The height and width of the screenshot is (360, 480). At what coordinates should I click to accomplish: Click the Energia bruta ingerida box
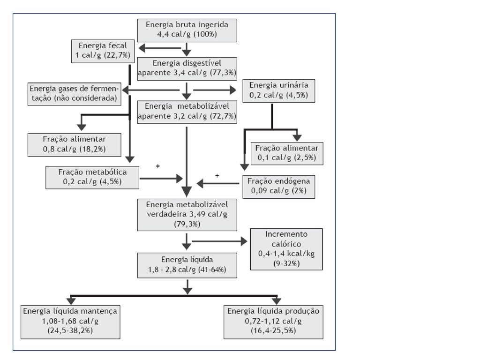[x=187, y=30]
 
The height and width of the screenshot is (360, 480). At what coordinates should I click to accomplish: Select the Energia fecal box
[x=103, y=51]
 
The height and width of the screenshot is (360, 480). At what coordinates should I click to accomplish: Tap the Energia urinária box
[x=278, y=91]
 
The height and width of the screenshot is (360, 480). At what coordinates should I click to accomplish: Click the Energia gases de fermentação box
[x=75, y=94]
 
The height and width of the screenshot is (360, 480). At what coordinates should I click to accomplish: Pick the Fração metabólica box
[x=92, y=178]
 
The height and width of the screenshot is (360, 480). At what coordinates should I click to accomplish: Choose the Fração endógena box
[x=279, y=187]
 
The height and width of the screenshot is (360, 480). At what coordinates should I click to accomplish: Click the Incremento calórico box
[x=286, y=249]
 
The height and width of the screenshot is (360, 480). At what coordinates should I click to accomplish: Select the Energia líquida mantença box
[x=70, y=322]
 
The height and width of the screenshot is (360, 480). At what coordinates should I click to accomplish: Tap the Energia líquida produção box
[x=273, y=322]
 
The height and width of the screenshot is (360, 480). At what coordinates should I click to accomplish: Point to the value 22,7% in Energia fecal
[x=117, y=55]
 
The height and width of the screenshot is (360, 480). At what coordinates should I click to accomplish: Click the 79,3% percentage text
[x=187, y=224]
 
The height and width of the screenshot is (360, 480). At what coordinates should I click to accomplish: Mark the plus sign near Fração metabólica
[x=157, y=166]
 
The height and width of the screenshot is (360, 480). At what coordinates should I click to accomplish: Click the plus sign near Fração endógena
[x=217, y=176]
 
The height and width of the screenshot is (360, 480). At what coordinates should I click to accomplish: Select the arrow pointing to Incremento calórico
[x=219, y=241]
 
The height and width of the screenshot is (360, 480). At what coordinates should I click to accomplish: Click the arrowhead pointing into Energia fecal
[x=142, y=48]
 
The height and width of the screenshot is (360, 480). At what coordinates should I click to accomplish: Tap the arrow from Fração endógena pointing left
[x=218, y=183]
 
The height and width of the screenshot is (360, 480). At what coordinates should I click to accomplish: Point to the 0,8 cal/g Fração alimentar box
[x=75, y=145]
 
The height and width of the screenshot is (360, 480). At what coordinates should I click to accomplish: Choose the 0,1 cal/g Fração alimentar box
[x=287, y=153]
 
